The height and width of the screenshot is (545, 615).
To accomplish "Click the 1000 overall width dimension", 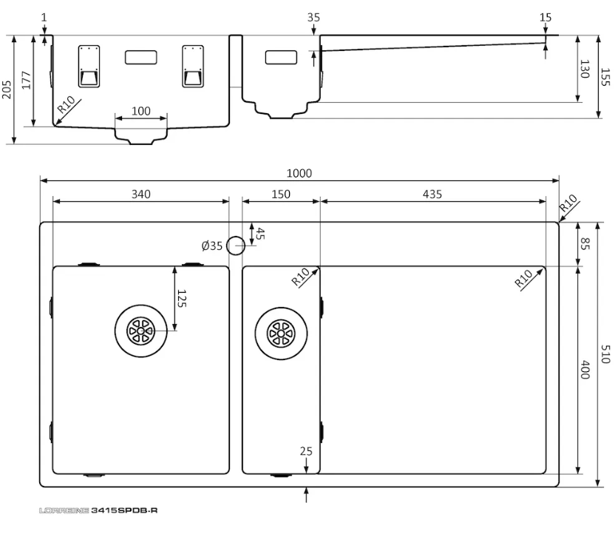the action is [299, 173].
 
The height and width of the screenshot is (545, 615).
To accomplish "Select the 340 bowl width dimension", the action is [140, 194].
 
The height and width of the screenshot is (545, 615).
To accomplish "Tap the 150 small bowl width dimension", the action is [281, 194].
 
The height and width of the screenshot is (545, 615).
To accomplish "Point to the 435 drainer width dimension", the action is [432, 194].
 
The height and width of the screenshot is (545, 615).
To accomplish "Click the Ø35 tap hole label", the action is [212, 246].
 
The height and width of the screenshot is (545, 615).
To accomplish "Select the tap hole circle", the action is [236, 246].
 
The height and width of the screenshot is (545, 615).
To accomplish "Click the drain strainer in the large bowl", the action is [140, 331].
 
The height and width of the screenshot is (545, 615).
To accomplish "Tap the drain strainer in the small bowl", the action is [281, 334].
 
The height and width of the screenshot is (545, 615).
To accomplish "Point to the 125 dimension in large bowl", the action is [182, 298].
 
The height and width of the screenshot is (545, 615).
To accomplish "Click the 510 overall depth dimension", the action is [605, 354].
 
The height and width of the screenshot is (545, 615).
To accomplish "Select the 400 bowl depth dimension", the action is [585, 370].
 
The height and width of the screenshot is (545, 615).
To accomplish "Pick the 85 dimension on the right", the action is [585, 244].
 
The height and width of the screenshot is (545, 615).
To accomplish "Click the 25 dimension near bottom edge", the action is [306, 452].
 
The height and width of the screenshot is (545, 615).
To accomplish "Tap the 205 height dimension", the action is [7, 89].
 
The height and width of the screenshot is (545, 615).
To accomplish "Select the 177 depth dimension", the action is [26, 80].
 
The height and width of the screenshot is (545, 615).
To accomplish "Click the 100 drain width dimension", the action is [140, 112].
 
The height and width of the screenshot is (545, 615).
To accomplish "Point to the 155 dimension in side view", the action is [605, 77].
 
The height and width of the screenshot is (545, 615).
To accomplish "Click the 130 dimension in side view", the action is [585, 69].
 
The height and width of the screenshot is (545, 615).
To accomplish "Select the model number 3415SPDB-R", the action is [124, 510].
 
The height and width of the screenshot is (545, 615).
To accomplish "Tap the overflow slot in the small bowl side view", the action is [281, 57].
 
